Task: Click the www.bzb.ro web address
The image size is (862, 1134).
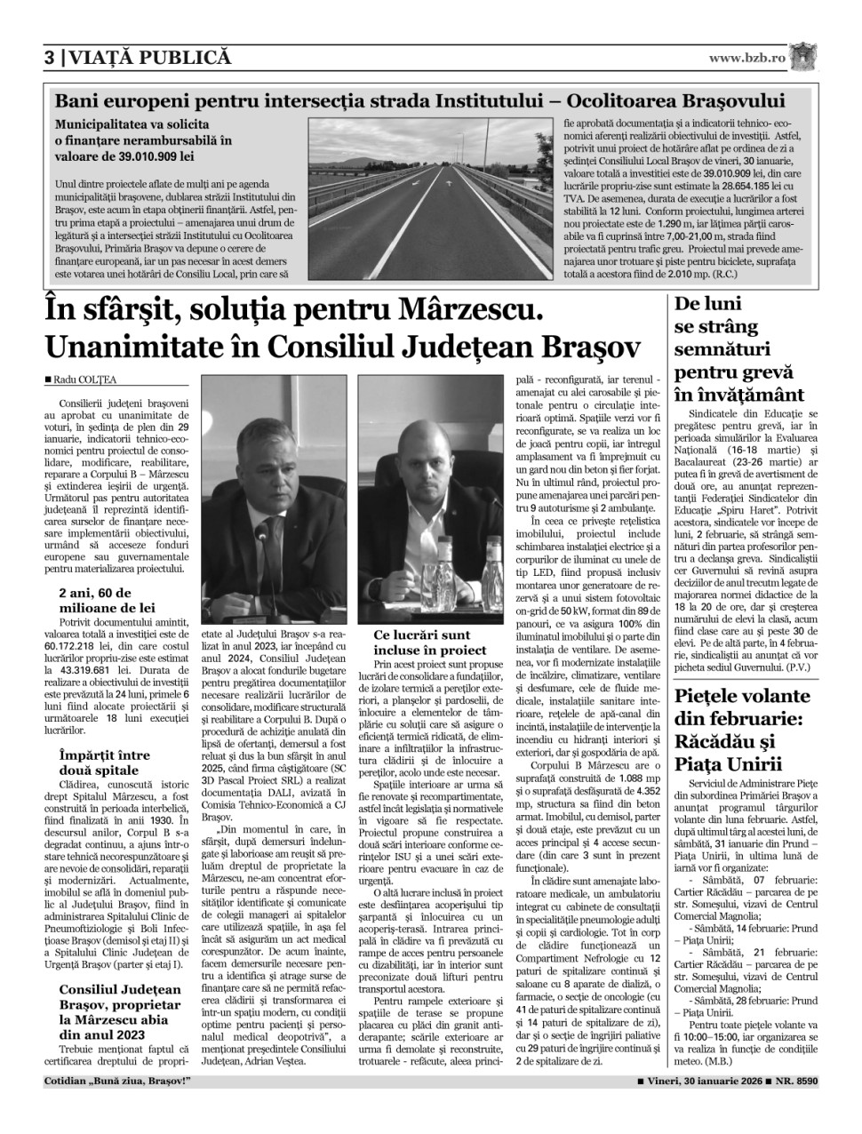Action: [x=746, y=59]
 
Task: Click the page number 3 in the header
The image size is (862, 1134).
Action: [x=50, y=59]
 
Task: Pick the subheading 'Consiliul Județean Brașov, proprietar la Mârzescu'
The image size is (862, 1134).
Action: [x=120, y=1012]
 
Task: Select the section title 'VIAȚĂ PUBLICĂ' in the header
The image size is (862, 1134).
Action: [x=151, y=59]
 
